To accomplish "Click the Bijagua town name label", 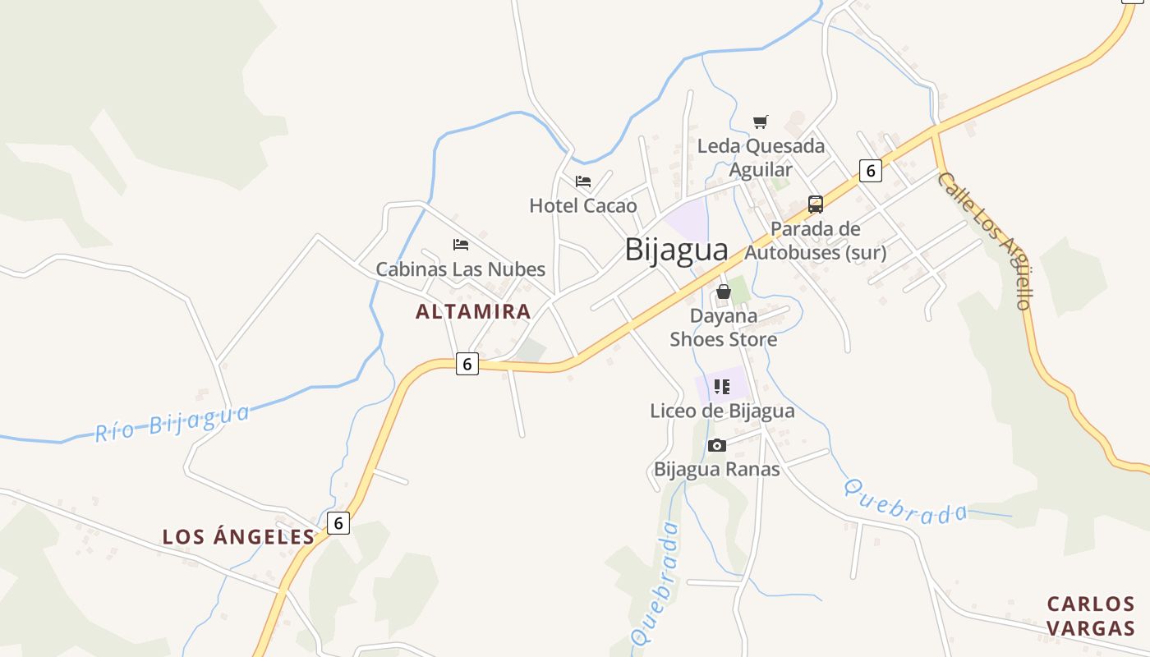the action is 676,250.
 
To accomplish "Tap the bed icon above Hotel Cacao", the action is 583,181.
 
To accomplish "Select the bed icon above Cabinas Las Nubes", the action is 461,245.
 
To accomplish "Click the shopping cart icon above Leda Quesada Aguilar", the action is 761,122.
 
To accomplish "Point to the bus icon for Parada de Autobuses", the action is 816,204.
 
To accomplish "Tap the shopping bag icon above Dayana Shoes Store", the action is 724,292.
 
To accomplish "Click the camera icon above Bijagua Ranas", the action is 717,446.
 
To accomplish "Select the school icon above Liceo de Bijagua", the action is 722,387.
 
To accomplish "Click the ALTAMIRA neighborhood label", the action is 473,312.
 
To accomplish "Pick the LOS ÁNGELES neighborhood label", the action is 238,537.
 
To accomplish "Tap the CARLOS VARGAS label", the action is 1091,616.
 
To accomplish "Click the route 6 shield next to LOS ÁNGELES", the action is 338,523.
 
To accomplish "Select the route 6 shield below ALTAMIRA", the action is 467,364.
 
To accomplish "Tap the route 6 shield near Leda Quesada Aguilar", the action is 871,171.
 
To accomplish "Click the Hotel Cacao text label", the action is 583,205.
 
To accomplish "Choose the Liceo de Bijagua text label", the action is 722,411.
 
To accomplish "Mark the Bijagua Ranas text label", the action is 716,470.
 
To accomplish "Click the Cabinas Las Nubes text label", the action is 461,269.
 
